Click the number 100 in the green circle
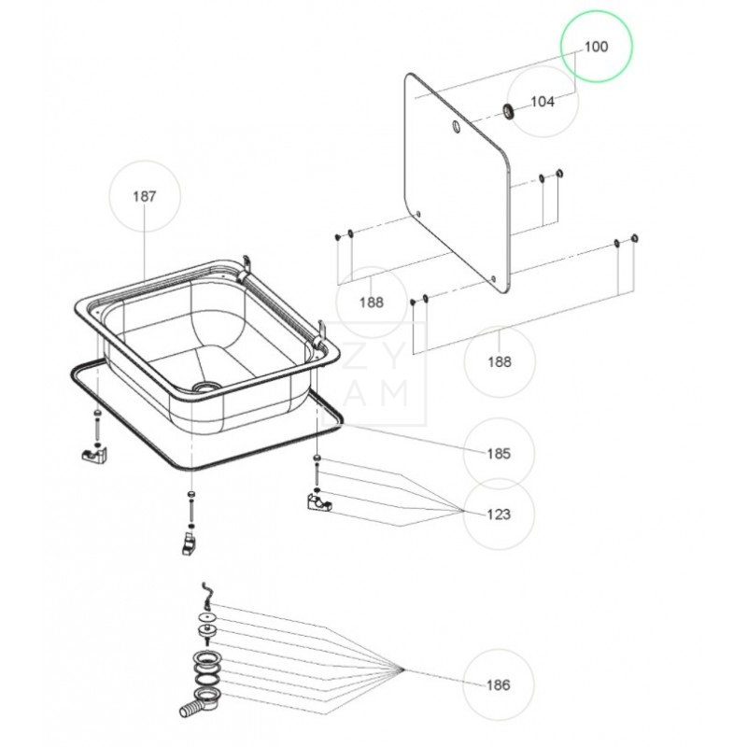point(596,47)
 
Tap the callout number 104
point(543,102)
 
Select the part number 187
point(144,196)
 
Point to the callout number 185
point(499,454)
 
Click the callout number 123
point(499,514)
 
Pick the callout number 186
point(499,685)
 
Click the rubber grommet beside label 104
point(509,112)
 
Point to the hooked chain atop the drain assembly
point(207,593)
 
